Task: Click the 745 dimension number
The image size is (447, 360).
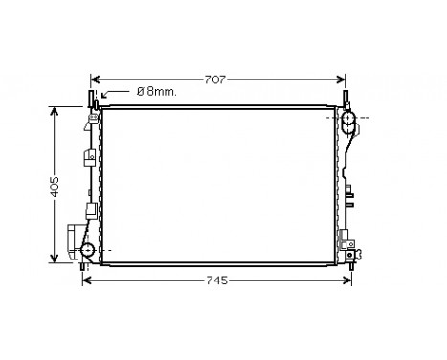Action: [x=219, y=281]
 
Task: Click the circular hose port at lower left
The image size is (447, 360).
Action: [x=87, y=251]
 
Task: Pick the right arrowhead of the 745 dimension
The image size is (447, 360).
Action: [x=353, y=281]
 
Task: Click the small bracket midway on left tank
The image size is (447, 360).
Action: [x=90, y=212]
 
